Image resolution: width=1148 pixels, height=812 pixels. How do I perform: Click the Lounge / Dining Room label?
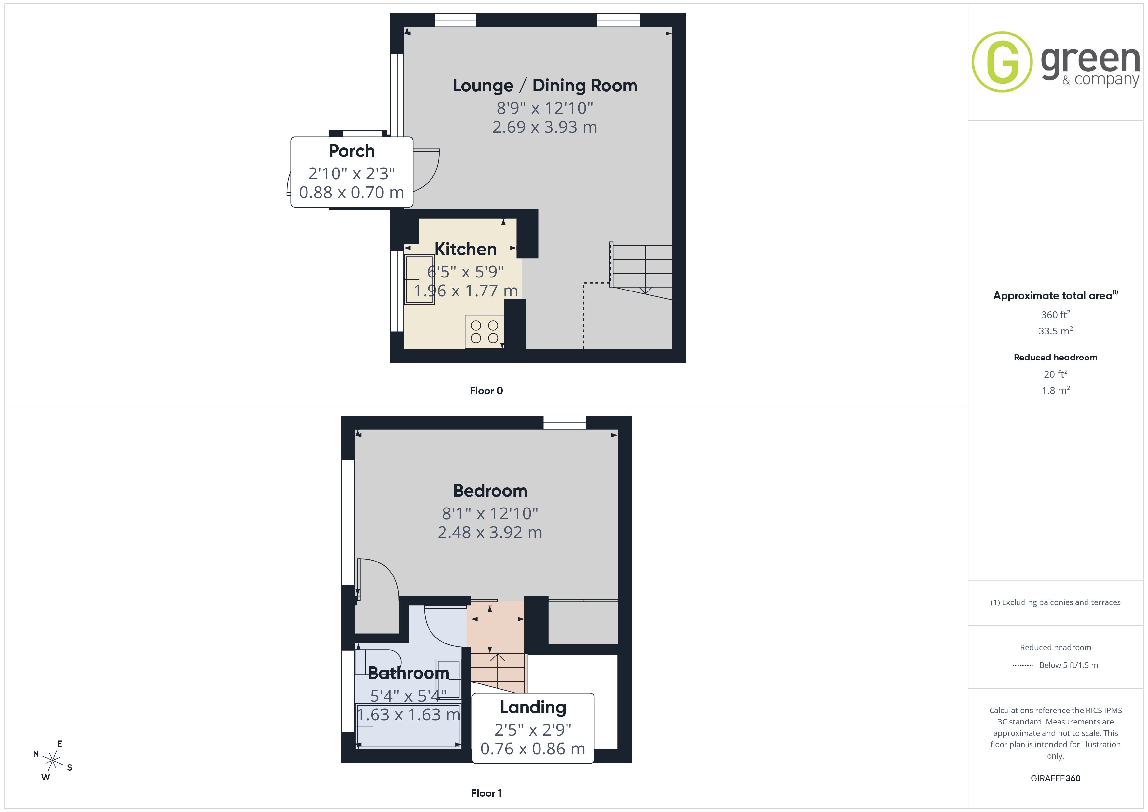coord(545,86)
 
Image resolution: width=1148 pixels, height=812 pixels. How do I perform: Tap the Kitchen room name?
coord(466,249)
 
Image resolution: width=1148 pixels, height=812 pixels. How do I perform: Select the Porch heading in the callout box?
coord(351,151)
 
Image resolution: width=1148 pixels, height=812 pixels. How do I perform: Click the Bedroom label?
coord(490,491)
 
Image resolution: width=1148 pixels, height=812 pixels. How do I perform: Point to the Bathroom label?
coord(408,673)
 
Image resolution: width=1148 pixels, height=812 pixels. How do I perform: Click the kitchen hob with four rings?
coord(484,332)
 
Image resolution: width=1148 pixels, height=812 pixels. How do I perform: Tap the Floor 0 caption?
coord(486,391)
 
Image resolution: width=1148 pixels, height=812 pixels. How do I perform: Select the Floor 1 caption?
coord(486,793)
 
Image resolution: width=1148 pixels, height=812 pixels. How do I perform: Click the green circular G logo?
coord(1002,62)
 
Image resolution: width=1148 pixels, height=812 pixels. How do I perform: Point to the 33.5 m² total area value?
coord(1056,331)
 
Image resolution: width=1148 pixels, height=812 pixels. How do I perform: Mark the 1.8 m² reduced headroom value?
coord(1056,390)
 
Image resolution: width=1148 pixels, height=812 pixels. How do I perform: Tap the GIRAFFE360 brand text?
coord(1056,778)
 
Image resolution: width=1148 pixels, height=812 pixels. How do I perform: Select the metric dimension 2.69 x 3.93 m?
coord(545,127)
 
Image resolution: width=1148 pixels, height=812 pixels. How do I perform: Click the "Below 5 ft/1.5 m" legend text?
coord(1069,665)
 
